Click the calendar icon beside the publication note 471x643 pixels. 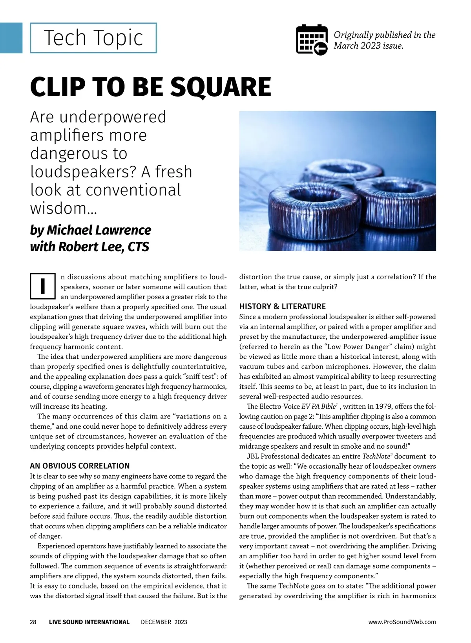pos(311,40)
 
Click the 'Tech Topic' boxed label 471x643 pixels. pos(93,38)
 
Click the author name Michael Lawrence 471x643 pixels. pos(99,230)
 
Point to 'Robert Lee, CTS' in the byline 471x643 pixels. pos(104,247)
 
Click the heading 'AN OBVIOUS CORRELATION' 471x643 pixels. pos(80,466)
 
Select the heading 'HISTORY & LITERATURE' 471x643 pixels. pos(283,306)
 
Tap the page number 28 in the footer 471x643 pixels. pos(33,622)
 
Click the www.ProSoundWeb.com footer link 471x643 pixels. pos(402,622)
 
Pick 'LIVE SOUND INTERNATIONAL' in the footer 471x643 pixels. pos(89,622)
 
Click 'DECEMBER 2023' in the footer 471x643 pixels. pos(164,622)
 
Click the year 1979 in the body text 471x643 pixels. pos(382,406)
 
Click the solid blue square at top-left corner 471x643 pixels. pos(11,38)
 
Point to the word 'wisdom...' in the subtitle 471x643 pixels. pos(64,208)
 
